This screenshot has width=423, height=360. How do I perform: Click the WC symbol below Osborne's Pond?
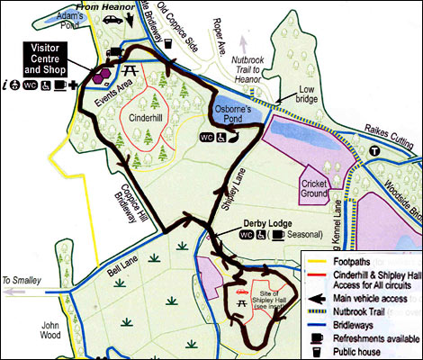pyautogui.click(x=206, y=139)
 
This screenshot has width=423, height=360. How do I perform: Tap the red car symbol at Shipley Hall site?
pyautogui.click(x=240, y=293)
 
